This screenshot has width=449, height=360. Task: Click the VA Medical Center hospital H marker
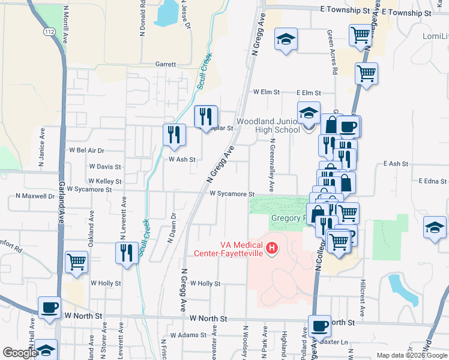click(x=273, y=247)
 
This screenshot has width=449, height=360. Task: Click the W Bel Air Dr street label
click(x=87, y=150)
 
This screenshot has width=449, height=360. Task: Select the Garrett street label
click(x=166, y=64)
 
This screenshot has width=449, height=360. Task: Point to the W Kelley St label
click(x=104, y=181)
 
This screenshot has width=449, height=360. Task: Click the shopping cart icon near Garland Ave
click(x=77, y=261)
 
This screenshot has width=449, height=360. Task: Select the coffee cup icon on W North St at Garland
click(x=49, y=308)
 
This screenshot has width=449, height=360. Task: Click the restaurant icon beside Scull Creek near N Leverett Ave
click(x=126, y=252)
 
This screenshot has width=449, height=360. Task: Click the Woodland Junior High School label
click(x=268, y=125)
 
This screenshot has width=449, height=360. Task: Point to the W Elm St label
click(x=267, y=92)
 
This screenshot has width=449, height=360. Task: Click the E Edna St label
click(x=433, y=181)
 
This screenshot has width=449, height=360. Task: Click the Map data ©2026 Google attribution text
click(x=411, y=355)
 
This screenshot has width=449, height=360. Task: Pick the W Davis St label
click(x=105, y=166)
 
